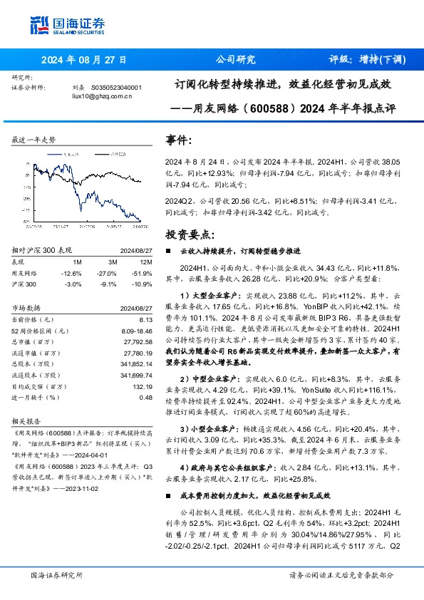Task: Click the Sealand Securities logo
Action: pos(69,24)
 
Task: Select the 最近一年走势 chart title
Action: pos(33,140)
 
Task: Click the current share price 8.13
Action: pos(145,320)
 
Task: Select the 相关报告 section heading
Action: pos(29,422)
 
